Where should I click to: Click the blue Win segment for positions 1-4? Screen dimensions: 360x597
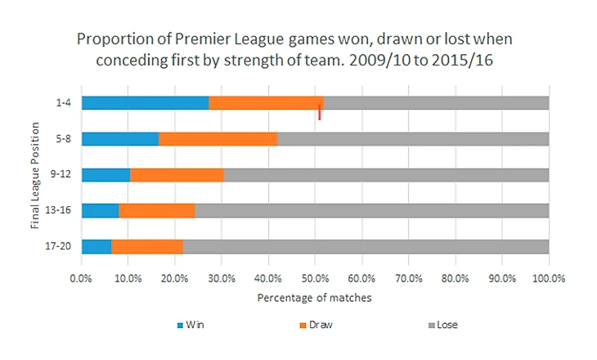coord(145,103)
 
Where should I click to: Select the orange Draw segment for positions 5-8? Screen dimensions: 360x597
coord(218,138)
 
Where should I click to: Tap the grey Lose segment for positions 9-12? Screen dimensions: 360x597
coord(385,174)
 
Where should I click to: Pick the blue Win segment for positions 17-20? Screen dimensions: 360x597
coord(96,245)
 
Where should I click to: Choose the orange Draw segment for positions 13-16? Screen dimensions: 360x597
coord(157,210)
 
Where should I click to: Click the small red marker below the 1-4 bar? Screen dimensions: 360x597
coord(320,114)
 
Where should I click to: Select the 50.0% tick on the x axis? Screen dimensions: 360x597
coord(315,278)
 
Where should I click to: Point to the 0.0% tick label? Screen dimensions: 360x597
coord(82,278)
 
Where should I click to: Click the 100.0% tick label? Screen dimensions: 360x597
coord(548,278)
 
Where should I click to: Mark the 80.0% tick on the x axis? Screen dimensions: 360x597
coord(455,278)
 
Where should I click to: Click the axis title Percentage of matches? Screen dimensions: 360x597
coord(315,298)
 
